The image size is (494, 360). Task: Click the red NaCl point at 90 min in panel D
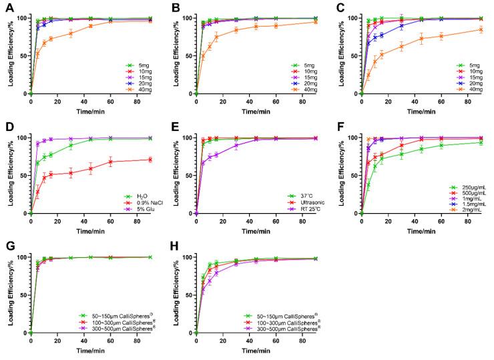[x=150, y=159]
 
